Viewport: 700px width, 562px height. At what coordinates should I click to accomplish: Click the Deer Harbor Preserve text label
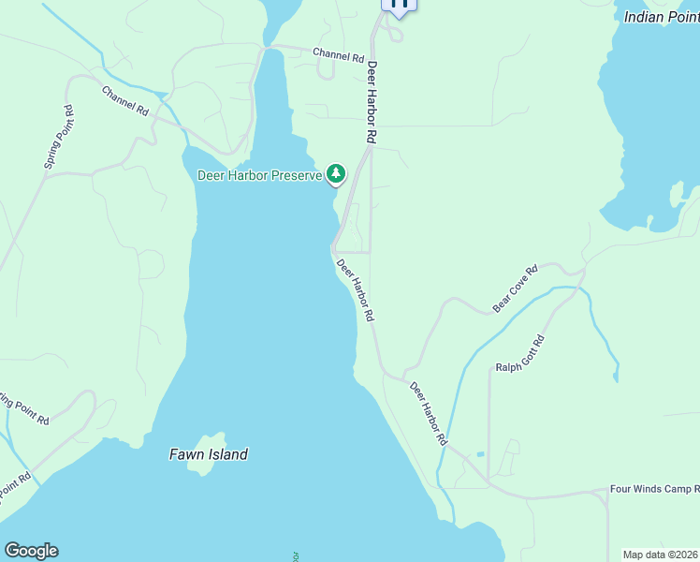click(x=260, y=175)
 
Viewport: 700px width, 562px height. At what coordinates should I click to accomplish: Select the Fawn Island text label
click(x=209, y=454)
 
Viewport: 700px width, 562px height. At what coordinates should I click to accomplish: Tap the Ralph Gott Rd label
click(x=520, y=353)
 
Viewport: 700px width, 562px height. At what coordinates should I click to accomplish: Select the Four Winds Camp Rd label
click(x=654, y=489)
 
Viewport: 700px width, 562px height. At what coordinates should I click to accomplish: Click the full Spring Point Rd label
click(x=58, y=138)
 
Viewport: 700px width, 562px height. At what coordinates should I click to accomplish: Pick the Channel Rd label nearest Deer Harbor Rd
click(x=338, y=56)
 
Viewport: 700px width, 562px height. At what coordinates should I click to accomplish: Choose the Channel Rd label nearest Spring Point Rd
click(x=125, y=100)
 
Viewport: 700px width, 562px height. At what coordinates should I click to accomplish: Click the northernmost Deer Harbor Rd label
click(x=372, y=103)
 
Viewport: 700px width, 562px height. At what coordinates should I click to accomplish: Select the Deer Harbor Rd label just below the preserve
click(x=356, y=290)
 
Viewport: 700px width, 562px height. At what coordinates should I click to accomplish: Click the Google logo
click(x=31, y=551)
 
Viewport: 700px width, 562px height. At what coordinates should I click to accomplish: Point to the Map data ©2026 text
click(x=660, y=555)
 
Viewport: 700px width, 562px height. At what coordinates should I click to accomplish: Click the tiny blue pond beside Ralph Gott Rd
click(x=480, y=454)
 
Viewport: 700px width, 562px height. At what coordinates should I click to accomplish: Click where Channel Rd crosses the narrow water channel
click(x=270, y=47)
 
